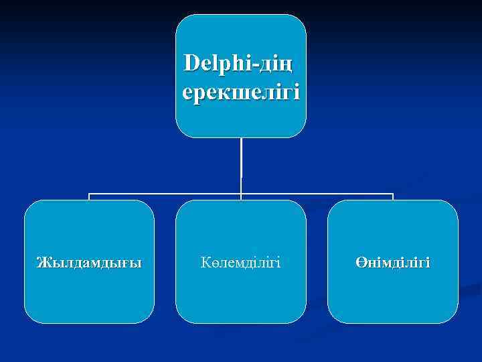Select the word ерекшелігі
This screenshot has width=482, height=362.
click(241, 90)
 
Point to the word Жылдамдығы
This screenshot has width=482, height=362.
click(89, 261)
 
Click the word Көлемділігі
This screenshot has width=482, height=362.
click(240, 261)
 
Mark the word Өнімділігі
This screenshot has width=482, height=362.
click(393, 261)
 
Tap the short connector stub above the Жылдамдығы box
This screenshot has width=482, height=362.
click(89, 197)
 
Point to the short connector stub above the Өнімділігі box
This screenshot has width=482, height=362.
click(393, 197)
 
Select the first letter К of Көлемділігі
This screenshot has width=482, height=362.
click(204, 261)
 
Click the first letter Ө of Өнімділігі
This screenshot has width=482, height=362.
click(360, 261)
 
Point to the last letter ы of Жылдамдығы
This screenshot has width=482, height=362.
click(137, 262)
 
